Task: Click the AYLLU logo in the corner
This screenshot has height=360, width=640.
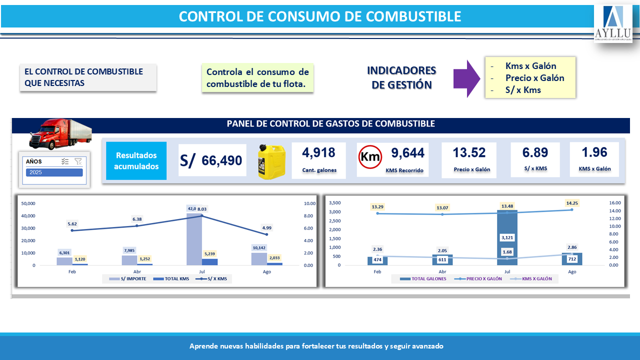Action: pyautogui.click(x=613, y=23)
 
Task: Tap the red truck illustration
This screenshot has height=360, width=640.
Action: pyautogui.click(x=59, y=133)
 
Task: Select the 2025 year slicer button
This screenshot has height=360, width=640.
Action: pyautogui.click(x=54, y=172)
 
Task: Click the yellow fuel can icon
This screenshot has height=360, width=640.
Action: pyautogui.click(x=271, y=161)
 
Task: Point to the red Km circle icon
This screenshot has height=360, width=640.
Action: pyautogui.click(x=370, y=157)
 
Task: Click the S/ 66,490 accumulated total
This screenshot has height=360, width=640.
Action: pyautogui.click(x=212, y=160)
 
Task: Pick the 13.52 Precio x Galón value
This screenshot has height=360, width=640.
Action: pyautogui.click(x=469, y=152)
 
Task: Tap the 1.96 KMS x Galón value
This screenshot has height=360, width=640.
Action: pyautogui.click(x=594, y=152)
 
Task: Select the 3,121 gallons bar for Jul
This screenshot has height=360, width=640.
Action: pyautogui.click(x=507, y=237)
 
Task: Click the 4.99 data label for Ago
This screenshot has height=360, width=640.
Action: pyautogui.click(x=266, y=228)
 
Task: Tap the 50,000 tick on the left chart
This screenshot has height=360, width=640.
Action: pyautogui.click(x=27, y=203)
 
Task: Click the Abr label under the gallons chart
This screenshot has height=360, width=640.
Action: pyautogui.click(x=442, y=271)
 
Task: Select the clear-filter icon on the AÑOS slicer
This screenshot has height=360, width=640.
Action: pyautogui.click(x=78, y=161)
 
